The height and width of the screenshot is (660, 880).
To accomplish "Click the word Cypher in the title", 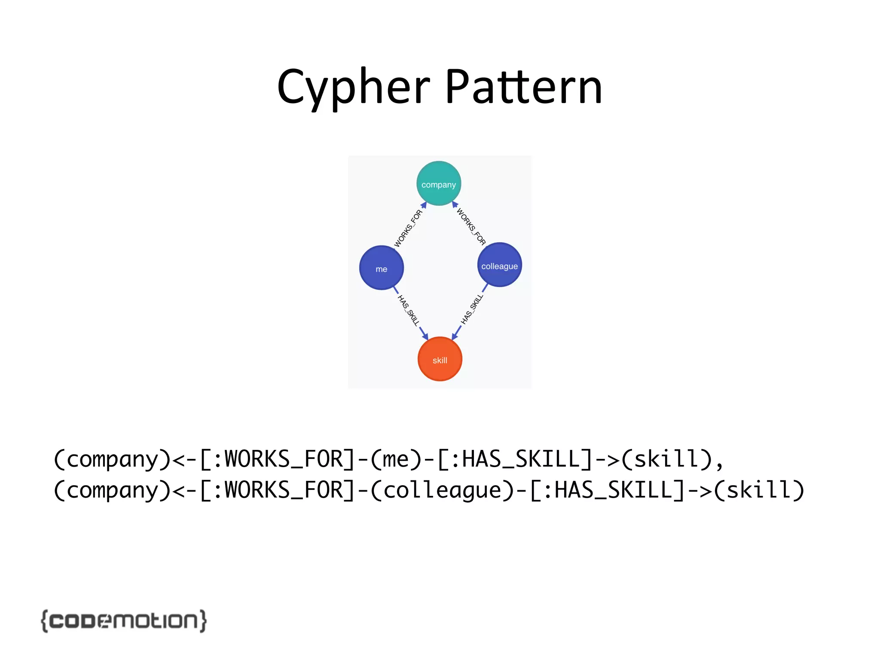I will (353, 88).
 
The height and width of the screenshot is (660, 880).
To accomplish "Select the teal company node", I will (439, 184).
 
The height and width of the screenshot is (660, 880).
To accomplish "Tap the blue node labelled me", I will (381, 268).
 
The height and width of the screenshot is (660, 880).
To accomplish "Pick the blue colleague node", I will (499, 265).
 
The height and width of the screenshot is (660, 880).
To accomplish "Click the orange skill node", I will (440, 359).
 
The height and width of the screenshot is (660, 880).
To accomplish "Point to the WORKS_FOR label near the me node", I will (408, 229).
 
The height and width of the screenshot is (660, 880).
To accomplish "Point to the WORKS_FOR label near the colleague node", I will (471, 226).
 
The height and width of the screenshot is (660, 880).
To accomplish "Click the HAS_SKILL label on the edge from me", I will (408, 310).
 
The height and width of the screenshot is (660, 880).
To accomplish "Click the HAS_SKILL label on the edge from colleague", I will (472, 309).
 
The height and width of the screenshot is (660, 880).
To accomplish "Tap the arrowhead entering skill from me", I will (425, 336).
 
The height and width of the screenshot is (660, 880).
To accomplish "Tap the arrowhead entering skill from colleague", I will (455, 335).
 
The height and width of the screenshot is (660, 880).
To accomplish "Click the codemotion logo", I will (124, 620).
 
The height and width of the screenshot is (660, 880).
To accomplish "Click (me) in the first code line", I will (396, 459).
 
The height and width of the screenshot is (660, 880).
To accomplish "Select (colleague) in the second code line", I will (443, 490).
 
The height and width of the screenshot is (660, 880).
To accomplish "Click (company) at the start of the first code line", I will (113, 459).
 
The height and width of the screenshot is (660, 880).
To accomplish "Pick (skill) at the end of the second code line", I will (759, 490).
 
